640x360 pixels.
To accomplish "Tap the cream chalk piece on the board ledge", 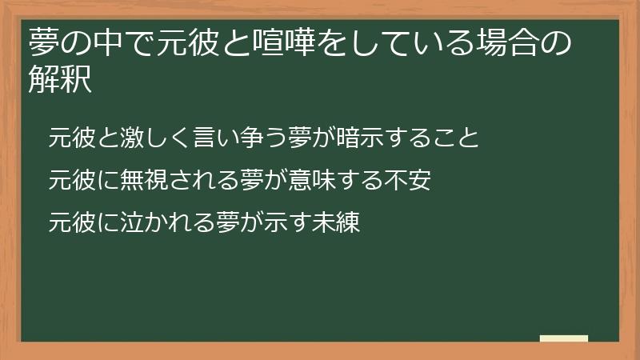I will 564,338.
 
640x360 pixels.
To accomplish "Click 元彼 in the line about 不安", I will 69,180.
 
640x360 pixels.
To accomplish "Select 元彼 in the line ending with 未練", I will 69,222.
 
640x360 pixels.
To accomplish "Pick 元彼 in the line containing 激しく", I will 69,138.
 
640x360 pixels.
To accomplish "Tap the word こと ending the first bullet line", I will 458,138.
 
